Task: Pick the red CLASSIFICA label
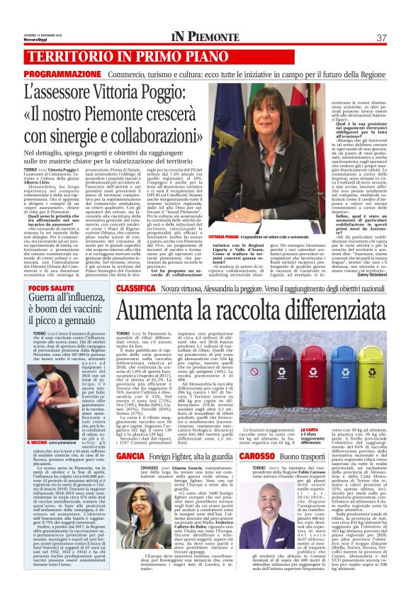(x=137, y=289)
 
